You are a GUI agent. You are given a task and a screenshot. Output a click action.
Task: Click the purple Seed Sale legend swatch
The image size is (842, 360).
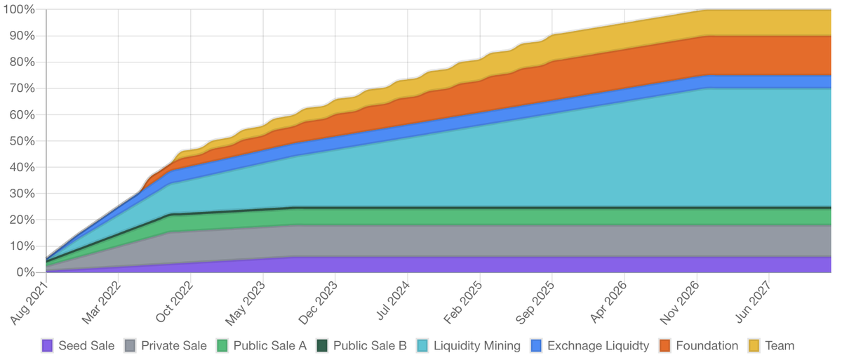48,345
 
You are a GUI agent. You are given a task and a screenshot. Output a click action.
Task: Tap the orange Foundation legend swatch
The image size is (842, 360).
665,345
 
